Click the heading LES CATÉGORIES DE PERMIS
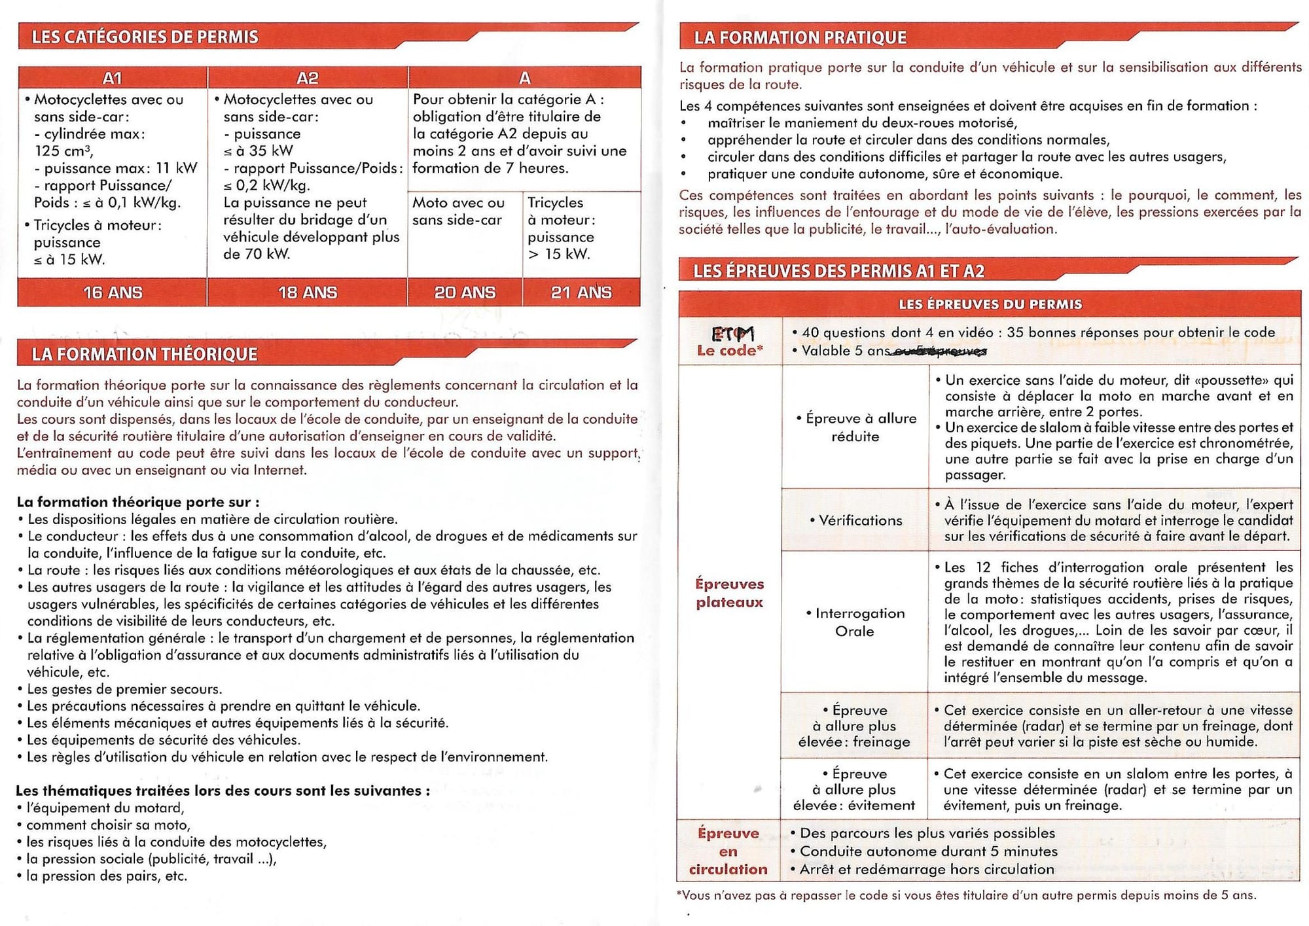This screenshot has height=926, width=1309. click(145, 37)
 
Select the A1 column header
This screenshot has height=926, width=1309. click(113, 78)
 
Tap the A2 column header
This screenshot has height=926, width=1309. click(307, 78)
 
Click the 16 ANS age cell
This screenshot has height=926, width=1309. click(113, 293)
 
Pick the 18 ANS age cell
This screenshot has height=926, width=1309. click(307, 293)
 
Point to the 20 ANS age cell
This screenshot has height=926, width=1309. click(465, 293)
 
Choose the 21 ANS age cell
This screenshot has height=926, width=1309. click(581, 293)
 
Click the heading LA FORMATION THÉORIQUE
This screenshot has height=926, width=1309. click(145, 354)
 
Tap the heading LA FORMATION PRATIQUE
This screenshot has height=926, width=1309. click(800, 38)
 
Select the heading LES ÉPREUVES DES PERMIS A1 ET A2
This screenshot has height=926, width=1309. click(838, 271)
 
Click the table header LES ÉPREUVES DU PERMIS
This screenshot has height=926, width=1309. click(990, 304)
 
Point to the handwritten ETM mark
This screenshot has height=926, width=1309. click(732, 334)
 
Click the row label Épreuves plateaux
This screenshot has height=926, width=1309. click(729, 593)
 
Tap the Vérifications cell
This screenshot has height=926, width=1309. click(855, 520)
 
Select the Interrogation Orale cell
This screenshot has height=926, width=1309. click(855, 622)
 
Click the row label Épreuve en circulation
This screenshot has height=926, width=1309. click(728, 851)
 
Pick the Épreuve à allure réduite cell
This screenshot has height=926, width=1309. click(855, 427)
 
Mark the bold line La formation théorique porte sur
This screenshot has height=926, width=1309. click(138, 502)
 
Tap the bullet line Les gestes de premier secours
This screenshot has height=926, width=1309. click(124, 688)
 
